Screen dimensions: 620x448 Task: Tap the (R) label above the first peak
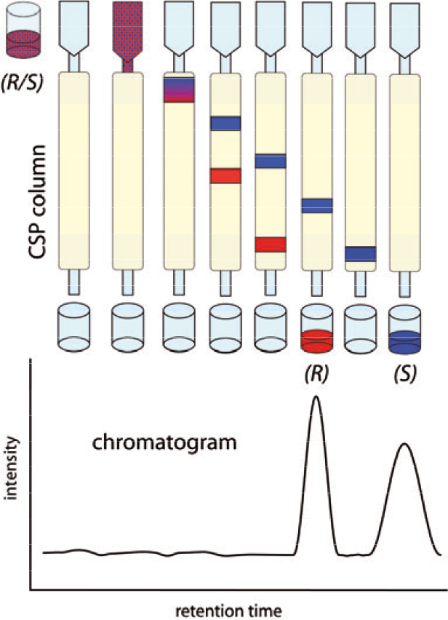pos(316,377)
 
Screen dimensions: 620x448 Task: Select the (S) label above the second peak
pos(404,377)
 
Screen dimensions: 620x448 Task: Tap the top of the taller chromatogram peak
pos(316,397)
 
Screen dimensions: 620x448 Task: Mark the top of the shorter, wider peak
pos(405,444)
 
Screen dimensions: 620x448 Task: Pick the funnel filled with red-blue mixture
pos(128,33)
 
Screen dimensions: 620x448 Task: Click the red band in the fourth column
pos(225,176)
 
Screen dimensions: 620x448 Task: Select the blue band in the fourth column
pos(225,123)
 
